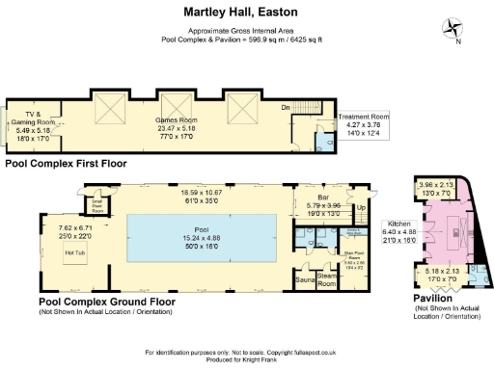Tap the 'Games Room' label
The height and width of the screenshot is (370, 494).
(x=175, y=119)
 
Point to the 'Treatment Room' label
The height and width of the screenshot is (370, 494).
(x=364, y=117)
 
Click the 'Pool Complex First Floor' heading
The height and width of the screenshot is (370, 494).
(x=66, y=164)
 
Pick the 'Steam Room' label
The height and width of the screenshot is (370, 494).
(x=327, y=279)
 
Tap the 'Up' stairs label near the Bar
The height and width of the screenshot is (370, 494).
(x=361, y=206)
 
